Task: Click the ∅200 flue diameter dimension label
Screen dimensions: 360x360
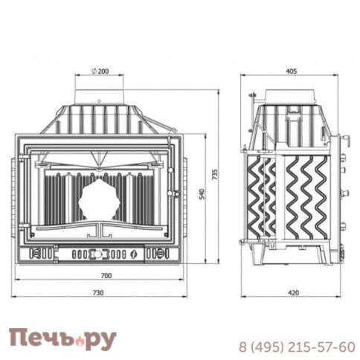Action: [x=100, y=71]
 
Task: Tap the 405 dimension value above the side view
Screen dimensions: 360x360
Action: [x=292, y=71]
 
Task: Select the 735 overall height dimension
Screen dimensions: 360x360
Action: [x=215, y=174]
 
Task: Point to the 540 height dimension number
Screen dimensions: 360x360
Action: [x=202, y=194]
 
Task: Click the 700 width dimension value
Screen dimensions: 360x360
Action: [x=106, y=275]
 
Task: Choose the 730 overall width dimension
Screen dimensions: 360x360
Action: [x=98, y=293]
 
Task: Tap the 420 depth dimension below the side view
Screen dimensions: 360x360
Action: [x=293, y=293]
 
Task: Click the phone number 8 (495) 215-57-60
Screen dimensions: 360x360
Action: [x=297, y=347]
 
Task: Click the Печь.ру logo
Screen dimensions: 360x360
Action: [x=62, y=338]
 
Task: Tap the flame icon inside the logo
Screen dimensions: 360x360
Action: [x=80, y=341]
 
